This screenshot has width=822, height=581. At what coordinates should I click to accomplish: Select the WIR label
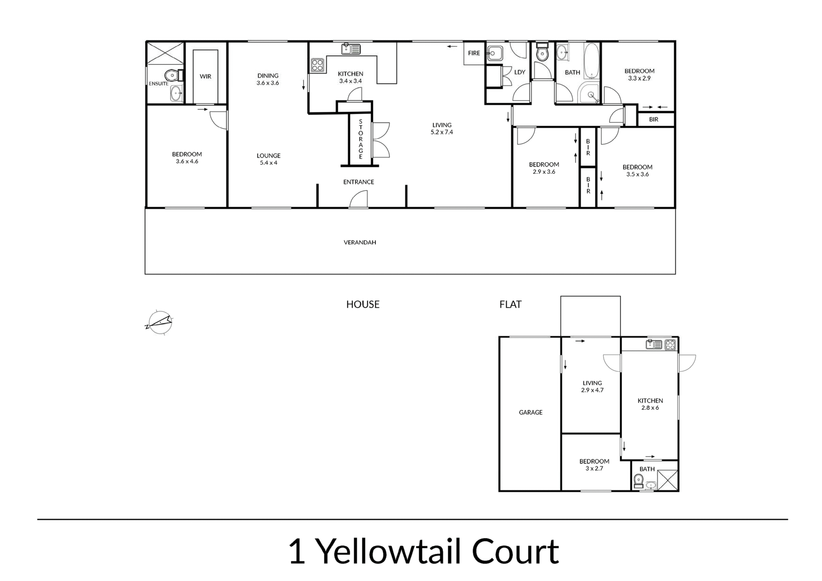tap(205, 76)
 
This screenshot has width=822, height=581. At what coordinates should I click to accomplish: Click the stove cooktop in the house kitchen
tap(318, 65)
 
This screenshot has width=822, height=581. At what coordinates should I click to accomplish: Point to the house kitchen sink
tap(351, 49)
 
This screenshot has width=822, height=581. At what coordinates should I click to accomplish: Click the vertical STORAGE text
tap(361, 139)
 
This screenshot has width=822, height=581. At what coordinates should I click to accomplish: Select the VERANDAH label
tap(360, 242)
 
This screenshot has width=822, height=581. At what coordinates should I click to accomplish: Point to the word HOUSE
tap(363, 304)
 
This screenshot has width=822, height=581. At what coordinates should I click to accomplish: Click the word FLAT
tap(511, 304)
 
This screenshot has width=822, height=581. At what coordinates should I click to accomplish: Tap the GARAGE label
tap(531, 412)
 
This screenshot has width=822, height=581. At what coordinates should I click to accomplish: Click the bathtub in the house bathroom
tap(591, 61)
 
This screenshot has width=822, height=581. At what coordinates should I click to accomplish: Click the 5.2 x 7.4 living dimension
tap(442, 132)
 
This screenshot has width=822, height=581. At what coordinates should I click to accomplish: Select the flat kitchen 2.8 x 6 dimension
tap(650, 408)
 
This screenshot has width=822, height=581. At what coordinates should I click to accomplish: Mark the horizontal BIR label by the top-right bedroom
tap(654, 119)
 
